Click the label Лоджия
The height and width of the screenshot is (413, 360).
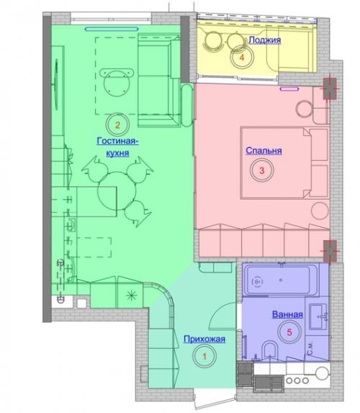[265, 40]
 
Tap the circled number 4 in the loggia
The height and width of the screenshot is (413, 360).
[242, 57]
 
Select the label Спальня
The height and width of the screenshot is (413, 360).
[264, 151]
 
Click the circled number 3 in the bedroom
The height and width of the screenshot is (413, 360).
[261, 170]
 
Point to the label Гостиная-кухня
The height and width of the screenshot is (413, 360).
[117, 147]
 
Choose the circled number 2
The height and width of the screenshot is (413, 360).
[117, 125]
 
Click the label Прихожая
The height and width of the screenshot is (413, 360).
[204, 339]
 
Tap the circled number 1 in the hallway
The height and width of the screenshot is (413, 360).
[204, 356]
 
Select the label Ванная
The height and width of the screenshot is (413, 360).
[287, 314]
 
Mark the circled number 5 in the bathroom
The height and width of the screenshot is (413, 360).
[289, 332]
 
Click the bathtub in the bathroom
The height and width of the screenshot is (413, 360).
[280, 280]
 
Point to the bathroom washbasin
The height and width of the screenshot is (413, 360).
[318, 316]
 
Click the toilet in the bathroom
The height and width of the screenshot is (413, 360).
[270, 351]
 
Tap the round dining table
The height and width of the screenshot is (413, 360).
[117, 191]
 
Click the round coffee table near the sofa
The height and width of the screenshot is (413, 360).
[116, 84]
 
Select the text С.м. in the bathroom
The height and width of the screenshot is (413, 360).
[310, 348]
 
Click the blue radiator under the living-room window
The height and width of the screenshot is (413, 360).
[112, 29]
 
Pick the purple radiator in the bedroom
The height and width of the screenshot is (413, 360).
[289, 89]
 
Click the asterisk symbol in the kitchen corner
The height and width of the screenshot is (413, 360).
[131, 296]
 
